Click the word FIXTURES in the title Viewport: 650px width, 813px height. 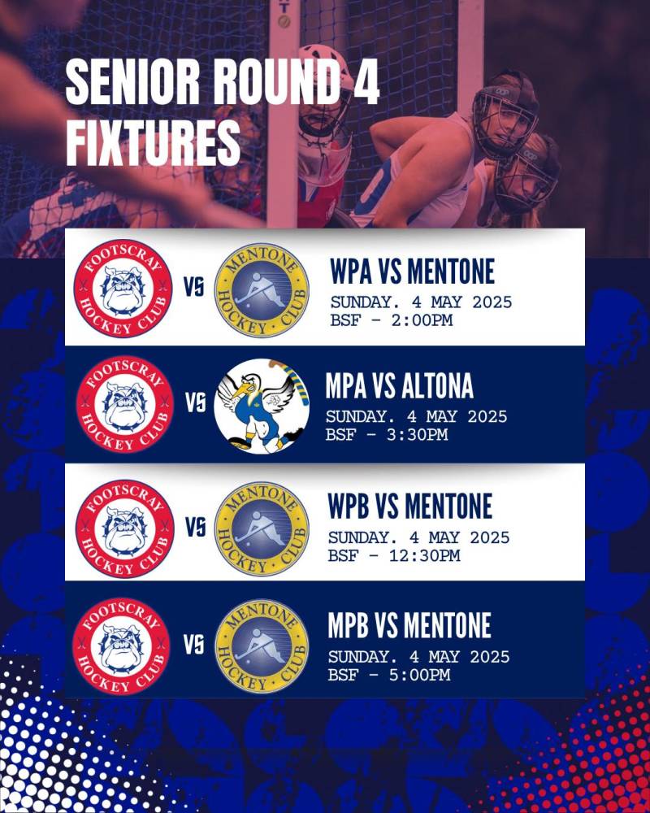click(x=154, y=142)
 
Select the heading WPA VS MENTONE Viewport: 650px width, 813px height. click(x=413, y=272)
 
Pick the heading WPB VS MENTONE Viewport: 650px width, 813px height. click(x=410, y=506)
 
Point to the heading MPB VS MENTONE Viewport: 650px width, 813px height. click(x=409, y=625)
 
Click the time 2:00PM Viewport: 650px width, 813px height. click(x=422, y=320)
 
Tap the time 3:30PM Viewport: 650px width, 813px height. click(x=418, y=434)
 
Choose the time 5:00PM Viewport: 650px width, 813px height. click(x=420, y=675)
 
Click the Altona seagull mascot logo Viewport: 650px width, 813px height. click(x=262, y=406)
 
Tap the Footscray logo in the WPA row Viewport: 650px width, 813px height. click(x=123, y=289)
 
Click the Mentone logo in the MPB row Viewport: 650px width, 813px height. click(x=262, y=646)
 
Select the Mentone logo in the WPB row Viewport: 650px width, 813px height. click(x=262, y=528)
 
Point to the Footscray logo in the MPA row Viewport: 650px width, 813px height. click(x=124, y=404)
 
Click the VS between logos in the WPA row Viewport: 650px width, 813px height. click(x=194, y=287)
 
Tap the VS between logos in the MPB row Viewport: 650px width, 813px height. click(x=194, y=645)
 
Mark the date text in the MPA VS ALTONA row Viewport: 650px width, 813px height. click(x=416, y=416)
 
